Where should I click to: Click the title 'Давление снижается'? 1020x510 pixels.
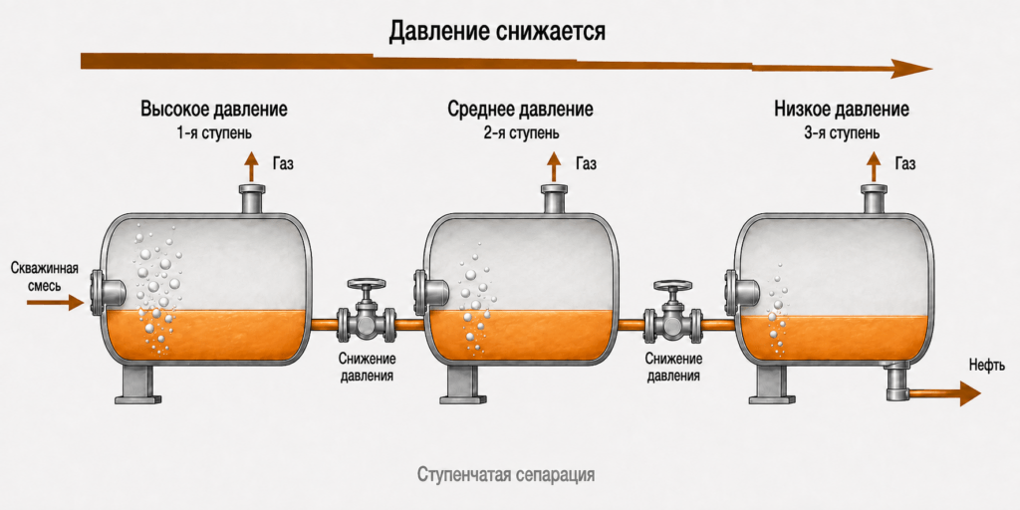497,31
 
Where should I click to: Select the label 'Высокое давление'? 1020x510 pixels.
214,109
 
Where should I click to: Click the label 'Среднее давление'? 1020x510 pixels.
520,109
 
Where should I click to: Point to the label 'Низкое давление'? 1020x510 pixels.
842,109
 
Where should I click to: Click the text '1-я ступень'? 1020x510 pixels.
214,133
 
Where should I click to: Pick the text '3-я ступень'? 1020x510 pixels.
842,133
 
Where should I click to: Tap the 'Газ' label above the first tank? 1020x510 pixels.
282,163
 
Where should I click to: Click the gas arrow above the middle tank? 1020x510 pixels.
554,167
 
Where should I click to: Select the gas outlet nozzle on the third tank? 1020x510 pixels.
875,199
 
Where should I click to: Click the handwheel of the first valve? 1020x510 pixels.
367,284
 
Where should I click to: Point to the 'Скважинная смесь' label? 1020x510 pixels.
44,277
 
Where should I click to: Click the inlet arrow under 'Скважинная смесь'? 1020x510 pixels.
56,303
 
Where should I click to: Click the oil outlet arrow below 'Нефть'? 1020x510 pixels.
944,393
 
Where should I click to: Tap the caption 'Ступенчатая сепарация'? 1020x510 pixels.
506,474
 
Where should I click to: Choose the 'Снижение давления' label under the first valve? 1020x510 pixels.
367,367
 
